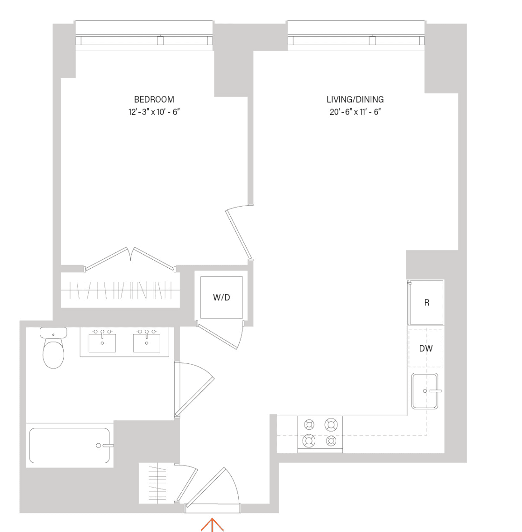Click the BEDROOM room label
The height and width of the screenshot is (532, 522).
pos(154,100)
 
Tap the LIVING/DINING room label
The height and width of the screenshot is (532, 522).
pos(355,100)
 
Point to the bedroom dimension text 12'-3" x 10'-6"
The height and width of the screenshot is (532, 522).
pos(154,112)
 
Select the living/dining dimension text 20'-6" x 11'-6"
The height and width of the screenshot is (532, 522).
pos(355,112)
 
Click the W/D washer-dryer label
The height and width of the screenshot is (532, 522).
pos(222,298)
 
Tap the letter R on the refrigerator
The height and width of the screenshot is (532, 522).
pos(427,303)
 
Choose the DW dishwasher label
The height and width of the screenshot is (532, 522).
pos(426,348)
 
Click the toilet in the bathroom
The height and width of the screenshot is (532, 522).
pos(53,347)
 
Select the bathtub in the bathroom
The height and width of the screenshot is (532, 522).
pos(70,446)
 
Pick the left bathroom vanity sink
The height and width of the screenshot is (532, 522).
pos(102,342)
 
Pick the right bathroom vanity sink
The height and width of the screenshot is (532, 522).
pos(147,342)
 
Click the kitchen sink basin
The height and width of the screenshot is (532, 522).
pos(424,391)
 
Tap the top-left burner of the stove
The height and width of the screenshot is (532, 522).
pos(309,424)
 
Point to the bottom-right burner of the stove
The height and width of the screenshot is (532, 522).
pos(331,441)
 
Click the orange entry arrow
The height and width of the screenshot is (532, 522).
pos(212,525)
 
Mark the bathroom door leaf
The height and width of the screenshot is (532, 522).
pos(195,397)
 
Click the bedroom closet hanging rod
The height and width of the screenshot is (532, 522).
pos(120,290)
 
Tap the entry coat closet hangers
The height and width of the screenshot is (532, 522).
pos(158,484)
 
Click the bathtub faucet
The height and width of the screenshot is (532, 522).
pos(104,446)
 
